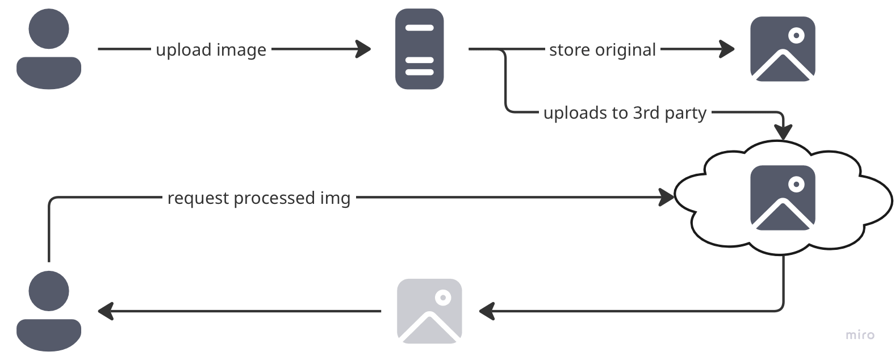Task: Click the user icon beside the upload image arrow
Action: pyautogui.click(x=49, y=49)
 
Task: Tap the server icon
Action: pyautogui.click(x=420, y=49)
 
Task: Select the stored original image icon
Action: pyautogui.click(x=783, y=49)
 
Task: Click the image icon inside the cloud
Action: pyautogui.click(x=783, y=198)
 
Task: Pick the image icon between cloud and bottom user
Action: pyautogui.click(x=429, y=311)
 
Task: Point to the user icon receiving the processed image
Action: pyautogui.click(x=49, y=311)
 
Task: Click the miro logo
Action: pyautogui.click(x=860, y=335)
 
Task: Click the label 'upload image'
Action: pyautogui.click(x=211, y=50)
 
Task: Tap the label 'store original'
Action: pyautogui.click(x=603, y=50)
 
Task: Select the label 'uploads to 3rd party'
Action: pyautogui.click(x=625, y=113)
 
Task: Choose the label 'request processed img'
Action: pyautogui.click(x=259, y=198)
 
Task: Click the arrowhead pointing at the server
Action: pyautogui.click(x=364, y=49)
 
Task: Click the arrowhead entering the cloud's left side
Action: pyautogui.click(x=667, y=198)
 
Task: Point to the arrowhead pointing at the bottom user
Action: pyautogui.click(x=106, y=311)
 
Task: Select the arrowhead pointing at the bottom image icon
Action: pyautogui.click(x=487, y=311)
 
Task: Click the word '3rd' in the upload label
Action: pyautogui.click(x=646, y=112)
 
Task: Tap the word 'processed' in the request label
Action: pyautogui.click(x=274, y=198)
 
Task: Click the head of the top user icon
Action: pyautogui.click(x=49, y=28)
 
